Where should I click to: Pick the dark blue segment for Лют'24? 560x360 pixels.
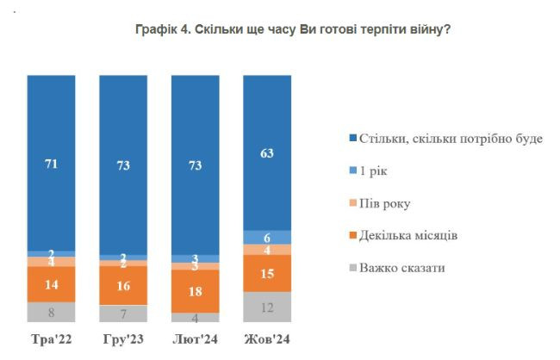pos(196,164)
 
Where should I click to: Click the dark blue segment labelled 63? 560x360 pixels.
pos(268,153)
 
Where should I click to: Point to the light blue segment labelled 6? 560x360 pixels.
pos(268,237)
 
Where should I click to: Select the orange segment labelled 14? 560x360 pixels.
pos(51,283)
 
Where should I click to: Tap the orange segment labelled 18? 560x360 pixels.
pos(196,291)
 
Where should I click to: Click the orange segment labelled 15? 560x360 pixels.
pos(268,274)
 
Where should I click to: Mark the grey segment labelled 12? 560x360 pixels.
pos(268,307)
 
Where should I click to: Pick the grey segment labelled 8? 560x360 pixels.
pos(51,312)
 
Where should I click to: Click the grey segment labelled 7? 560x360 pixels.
pos(123,313)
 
